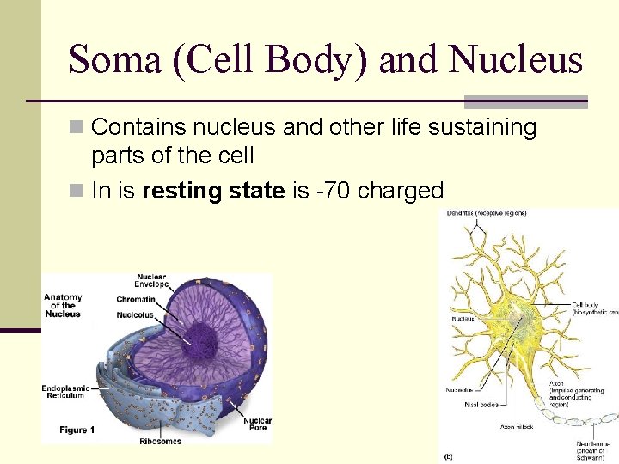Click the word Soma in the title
pyautogui.click(x=115, y=60)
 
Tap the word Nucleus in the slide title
pyautogui.click(x=516, y=60)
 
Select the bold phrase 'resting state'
pyautogui.click(x=213, y=190)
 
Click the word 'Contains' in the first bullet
pyautogui.click(x=132, y=128)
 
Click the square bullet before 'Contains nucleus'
pyautogui.click(x=77, y=128)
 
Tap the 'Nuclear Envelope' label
pyautogui.click(x=151, y=281)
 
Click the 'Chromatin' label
pyautogui.click(x=136, y=299)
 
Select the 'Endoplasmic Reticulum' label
pyautogui.click(x=64, y=392)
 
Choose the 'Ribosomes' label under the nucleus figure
pyautogui.click(x=160, y=442)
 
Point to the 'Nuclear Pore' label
pyautogui.click(x=256, y=424)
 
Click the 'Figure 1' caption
pyautogui.click(x=77, y=429)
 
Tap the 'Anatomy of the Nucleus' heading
pyautogui.click(x=63, y=305)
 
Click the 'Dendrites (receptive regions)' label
pyautogui.click(x=487, y=213)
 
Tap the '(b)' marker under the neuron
pyautogui.click(x=448, y=455)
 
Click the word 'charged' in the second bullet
pyautogui.click(x=400, y=191)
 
